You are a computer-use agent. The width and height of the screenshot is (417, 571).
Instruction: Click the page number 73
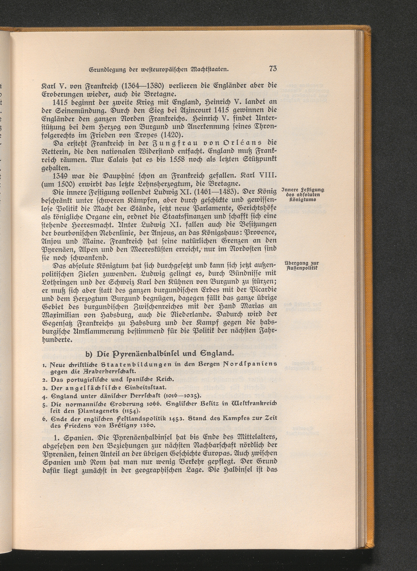pyautogui.click(x=273, y=69)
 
